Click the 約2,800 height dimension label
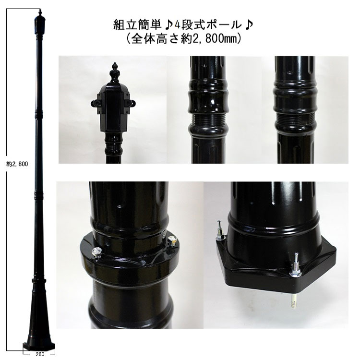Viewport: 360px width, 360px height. pos(17,164)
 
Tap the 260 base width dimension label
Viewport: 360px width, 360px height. pos(40,354)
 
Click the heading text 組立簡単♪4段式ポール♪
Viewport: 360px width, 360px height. pos(183,25)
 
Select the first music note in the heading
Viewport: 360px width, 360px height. pos(169,25)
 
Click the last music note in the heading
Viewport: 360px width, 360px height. pos(249,25)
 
